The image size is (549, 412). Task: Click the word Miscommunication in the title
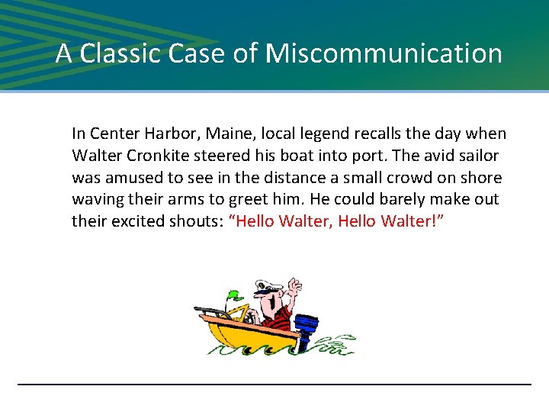(x=384, y=53)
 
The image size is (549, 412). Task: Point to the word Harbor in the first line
(x=158, y=134)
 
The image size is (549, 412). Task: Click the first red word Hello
(x=255, y=222)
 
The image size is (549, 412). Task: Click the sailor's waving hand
(x=293, y=287)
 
